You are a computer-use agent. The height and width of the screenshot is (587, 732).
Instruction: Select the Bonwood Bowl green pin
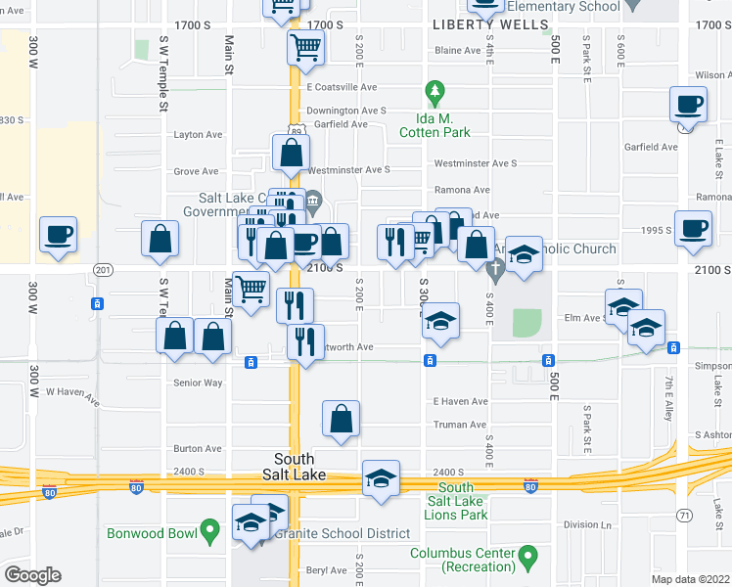(208, 531)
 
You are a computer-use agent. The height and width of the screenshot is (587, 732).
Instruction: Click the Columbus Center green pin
(528, 559)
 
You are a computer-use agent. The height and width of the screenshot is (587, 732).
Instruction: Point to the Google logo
(32, 575)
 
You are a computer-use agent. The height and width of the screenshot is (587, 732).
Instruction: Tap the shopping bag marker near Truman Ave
(341, 419)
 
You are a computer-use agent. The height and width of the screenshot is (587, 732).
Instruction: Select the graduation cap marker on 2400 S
(381, 478)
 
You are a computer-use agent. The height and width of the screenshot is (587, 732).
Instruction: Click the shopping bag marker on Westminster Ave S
(292, 153)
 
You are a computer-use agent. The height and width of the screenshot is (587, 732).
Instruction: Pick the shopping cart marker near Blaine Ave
(306, 46)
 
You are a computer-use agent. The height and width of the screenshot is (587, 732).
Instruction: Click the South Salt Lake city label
(294, 467)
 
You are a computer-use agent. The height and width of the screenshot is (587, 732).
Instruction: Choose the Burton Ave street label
(198, 449)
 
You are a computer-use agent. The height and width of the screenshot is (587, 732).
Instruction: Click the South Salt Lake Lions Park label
(456, 501)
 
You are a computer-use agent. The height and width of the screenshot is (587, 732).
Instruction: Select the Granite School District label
(342, 533)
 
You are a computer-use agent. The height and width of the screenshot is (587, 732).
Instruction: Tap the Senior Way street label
(198, 383)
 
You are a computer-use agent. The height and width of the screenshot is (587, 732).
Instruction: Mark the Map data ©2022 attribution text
(690, 579)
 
